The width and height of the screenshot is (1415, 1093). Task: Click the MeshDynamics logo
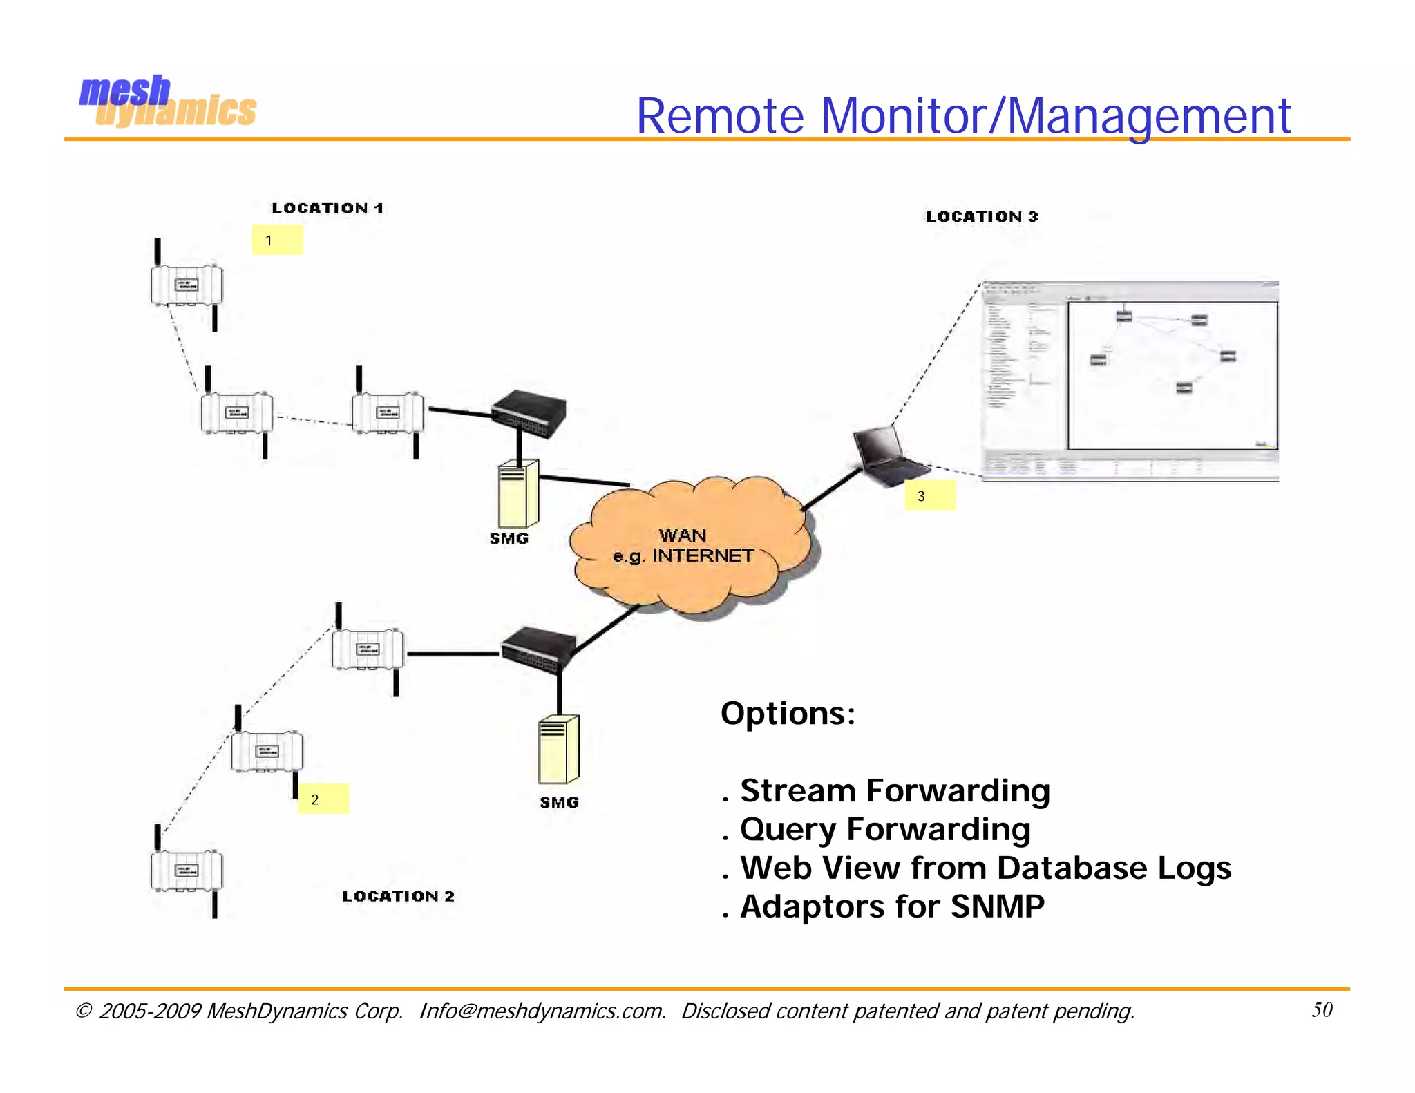pos(167,102)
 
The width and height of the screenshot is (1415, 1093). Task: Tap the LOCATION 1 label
pos(327,208)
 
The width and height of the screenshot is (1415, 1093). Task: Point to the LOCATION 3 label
pos(981,216)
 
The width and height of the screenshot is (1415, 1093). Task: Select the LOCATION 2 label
pos(398,896)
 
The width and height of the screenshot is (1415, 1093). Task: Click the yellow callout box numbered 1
pos(277,240)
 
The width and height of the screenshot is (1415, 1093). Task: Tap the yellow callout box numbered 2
pos(323,799)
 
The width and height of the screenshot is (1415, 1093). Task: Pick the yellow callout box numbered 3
pos(930,495)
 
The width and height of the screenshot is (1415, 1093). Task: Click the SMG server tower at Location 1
pos(518,494)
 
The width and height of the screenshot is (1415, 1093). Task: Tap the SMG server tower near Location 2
pos(558,749)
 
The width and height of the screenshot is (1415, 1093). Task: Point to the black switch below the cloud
pos(538,649)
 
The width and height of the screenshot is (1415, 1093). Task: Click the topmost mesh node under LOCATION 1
pos(187,285)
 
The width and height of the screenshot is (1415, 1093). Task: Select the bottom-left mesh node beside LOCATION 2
pos(187,871)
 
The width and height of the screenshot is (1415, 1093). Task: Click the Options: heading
pos(788,713)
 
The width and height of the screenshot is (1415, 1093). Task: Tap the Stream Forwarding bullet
pos(894,790)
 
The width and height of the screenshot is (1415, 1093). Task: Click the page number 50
pos(1322,1009)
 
